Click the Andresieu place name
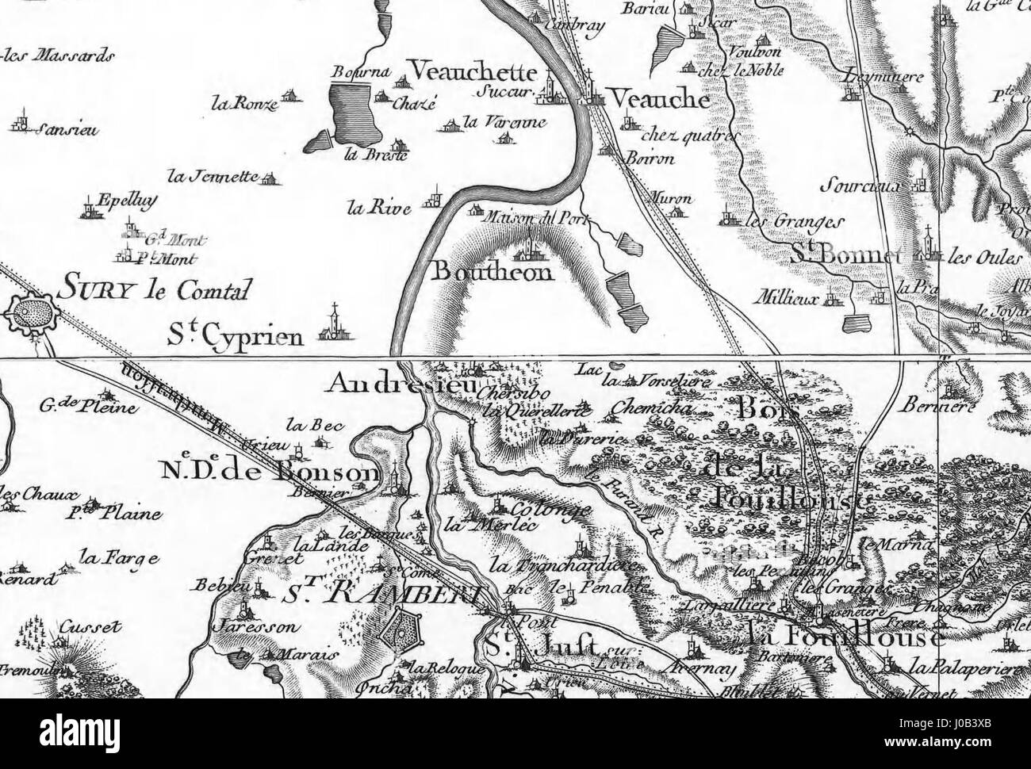click(x=400, y=385)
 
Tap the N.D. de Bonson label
click(x=269, y=472)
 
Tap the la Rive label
click(x=378, y=209)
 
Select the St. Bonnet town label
click(x=847, y=255)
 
